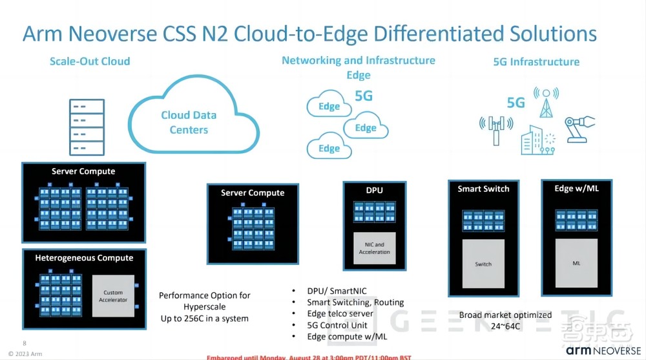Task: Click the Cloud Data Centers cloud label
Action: pyautogui.click(x=189, y=122)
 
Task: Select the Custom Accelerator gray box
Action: pyautogui.click(x=112, y=296)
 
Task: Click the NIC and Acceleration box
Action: pyautogui.click(x=375, y=248)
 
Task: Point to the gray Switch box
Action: pyautogui.click(x=483, y=264)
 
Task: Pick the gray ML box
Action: pyautogui.click(x=576, y=264)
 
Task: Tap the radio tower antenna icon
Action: pyautogui.click(x=547, y=102)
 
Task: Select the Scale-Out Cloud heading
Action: pyautogui.click(x=90, y=61)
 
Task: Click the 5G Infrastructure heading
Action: pyautogui.click(x=536, y=62)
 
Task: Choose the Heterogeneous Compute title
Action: pyautogui.click(x=84, y=258)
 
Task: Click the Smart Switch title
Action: pyautogui.click(x=483, y=189)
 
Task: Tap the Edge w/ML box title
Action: pyautogui.click(x=576, y=188)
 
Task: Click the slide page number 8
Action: pyautogui.click(x=25, y=343)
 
